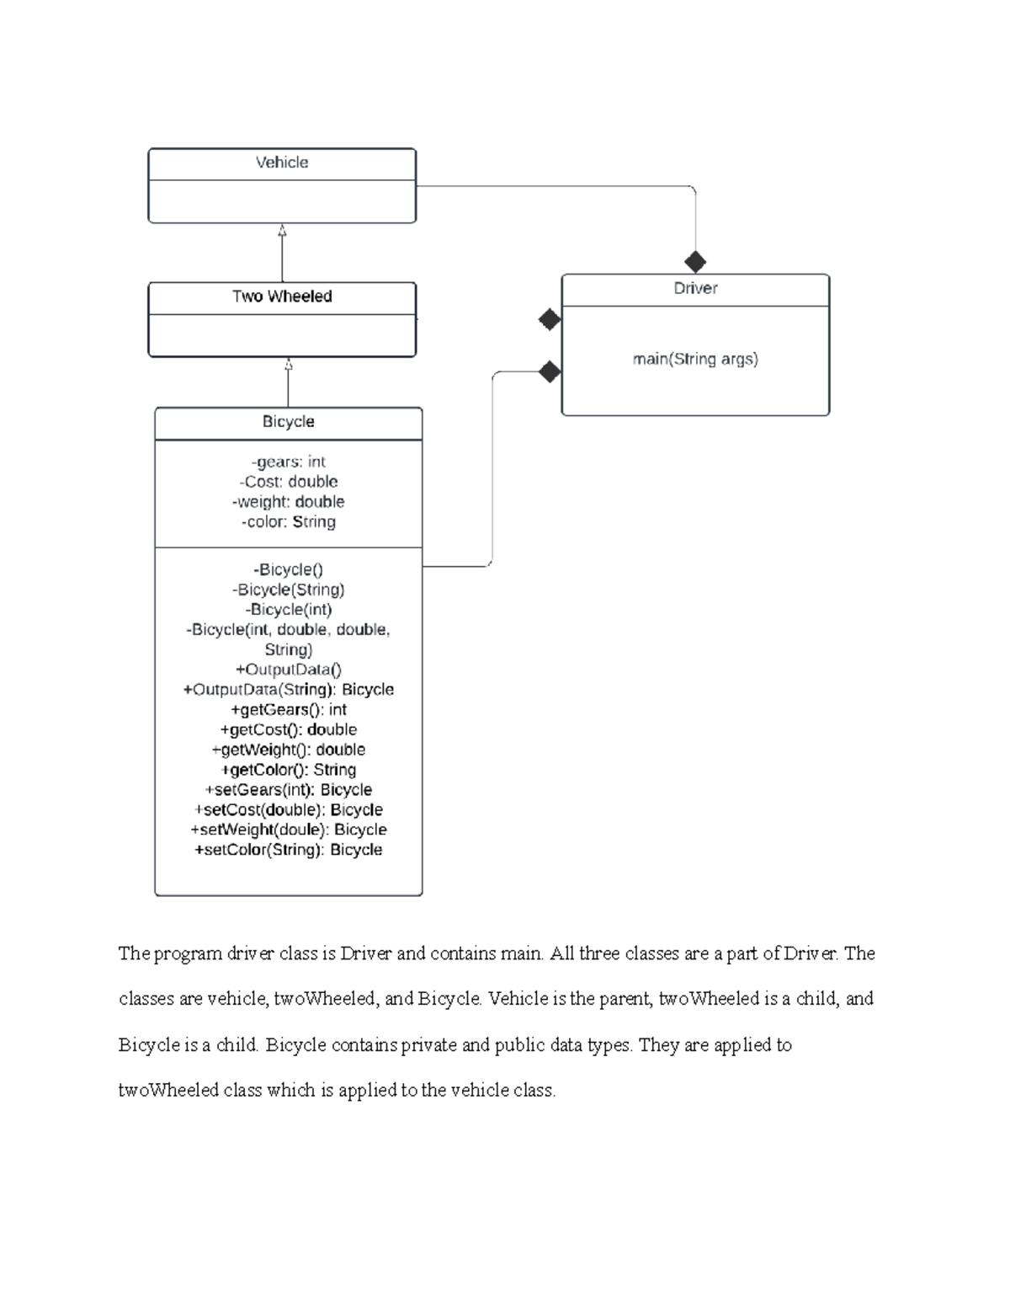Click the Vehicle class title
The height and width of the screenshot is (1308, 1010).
point(281,163)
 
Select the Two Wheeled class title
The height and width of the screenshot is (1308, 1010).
point(282,296)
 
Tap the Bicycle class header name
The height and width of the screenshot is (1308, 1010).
point(288,422)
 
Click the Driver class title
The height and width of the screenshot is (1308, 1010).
point(695,288)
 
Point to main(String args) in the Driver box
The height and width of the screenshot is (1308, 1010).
point(695,360)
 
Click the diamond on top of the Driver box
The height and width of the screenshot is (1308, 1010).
point(695,262)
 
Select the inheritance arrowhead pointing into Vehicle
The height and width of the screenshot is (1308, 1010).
point(282,230)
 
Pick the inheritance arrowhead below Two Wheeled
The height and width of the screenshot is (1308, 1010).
point(289,364)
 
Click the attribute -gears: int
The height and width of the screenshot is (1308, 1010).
point(288,462)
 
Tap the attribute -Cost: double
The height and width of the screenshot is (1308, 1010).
point(288,482)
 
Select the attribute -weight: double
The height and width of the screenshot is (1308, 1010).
point(288,502)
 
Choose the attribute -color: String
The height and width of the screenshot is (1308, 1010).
point(288,522)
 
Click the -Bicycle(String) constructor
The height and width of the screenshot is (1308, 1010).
point(288,590)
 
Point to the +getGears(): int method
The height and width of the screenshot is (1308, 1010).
point(289,710)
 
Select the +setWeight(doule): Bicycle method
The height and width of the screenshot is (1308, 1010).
point(289,830)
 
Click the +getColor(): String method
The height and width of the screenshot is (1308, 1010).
point(289,770)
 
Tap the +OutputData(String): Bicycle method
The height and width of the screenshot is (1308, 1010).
point(289,690)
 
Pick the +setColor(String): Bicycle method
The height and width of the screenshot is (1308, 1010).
point(289,850)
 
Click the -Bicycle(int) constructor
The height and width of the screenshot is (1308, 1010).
point(288,610)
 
